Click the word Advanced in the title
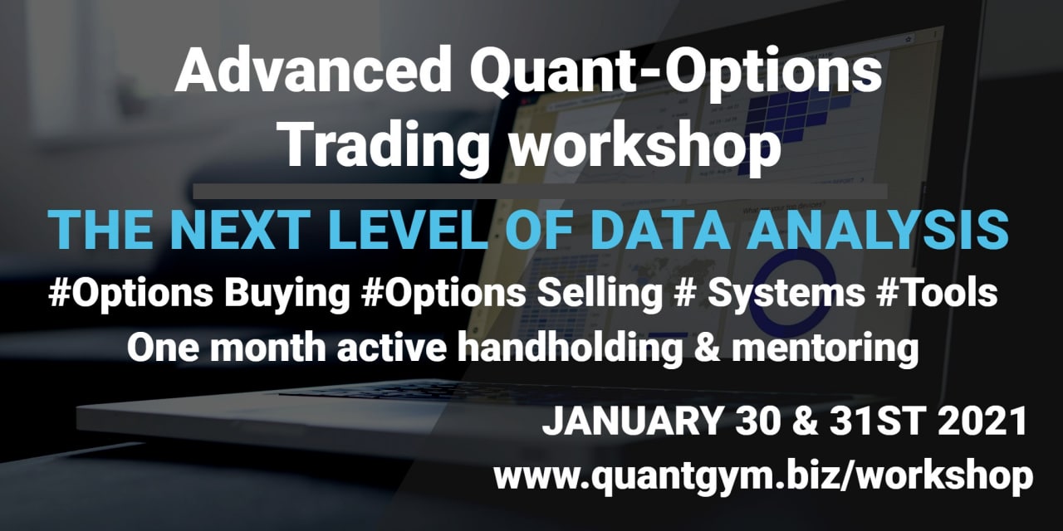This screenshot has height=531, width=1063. tap(313, 70)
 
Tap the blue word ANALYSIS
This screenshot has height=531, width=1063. tap(878, 230)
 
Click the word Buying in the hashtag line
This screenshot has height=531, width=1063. tap(287, 295)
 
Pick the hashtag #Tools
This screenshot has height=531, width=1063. tap(937, 293)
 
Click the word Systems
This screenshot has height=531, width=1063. tap(786, 295)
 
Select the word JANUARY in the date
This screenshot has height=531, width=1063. tap(630, 421)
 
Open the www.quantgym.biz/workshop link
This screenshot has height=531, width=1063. tap(763, 476)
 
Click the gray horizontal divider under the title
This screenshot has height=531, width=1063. tap(540, 191)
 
